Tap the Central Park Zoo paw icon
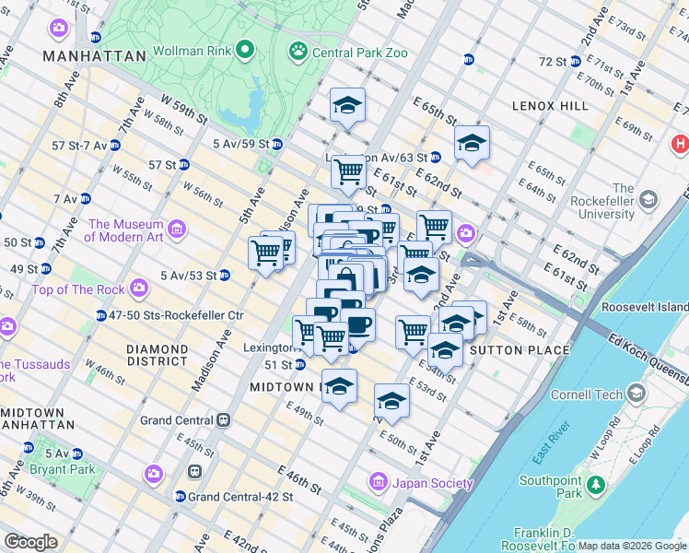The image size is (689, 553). point(298,51)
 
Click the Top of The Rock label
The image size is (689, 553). point(77,289)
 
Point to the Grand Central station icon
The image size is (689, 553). point(223,420)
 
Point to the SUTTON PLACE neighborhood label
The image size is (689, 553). point(520,350)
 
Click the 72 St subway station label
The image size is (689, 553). point(553,61)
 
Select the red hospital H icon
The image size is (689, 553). point(680,144)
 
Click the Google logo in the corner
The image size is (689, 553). point(30,542)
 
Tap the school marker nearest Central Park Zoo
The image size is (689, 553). point(348,105)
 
